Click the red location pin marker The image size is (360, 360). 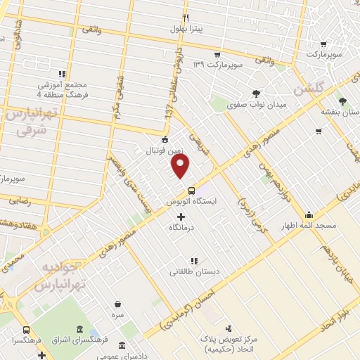[x=181, y=165]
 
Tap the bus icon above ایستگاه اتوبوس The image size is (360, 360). [x=191, y=191]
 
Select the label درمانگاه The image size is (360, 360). [x=181, y=228]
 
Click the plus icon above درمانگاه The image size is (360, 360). [x=181, y=217]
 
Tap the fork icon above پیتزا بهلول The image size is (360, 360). [x=186, y=18]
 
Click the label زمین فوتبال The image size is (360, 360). [x=164, y=150]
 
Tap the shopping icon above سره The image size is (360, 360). [x=117, y=304]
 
